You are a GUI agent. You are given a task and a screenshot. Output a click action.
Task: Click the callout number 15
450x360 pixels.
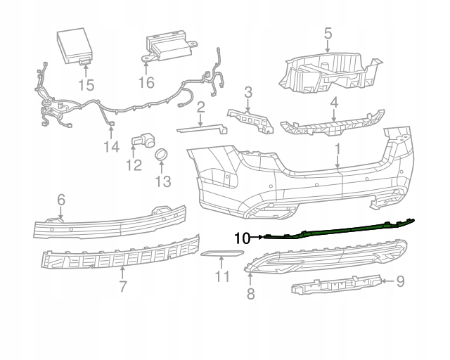click(x=86, y=85)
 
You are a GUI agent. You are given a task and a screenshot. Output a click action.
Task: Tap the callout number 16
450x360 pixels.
click(x=146, y=82)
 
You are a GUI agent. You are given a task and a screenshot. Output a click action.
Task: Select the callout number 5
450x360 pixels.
click(x=328, y=32)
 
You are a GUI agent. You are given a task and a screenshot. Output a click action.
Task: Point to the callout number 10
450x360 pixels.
click(x=240, y=238)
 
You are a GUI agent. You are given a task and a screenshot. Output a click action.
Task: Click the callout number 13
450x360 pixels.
click(x=162, y=182)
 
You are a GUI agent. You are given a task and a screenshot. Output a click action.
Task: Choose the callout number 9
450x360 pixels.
click(x=400, y=282)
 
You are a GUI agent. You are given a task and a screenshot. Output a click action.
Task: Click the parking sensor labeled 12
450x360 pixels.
click(x=143, y=141)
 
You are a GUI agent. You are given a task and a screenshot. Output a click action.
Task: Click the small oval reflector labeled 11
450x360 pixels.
click(x=219, y=252)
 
